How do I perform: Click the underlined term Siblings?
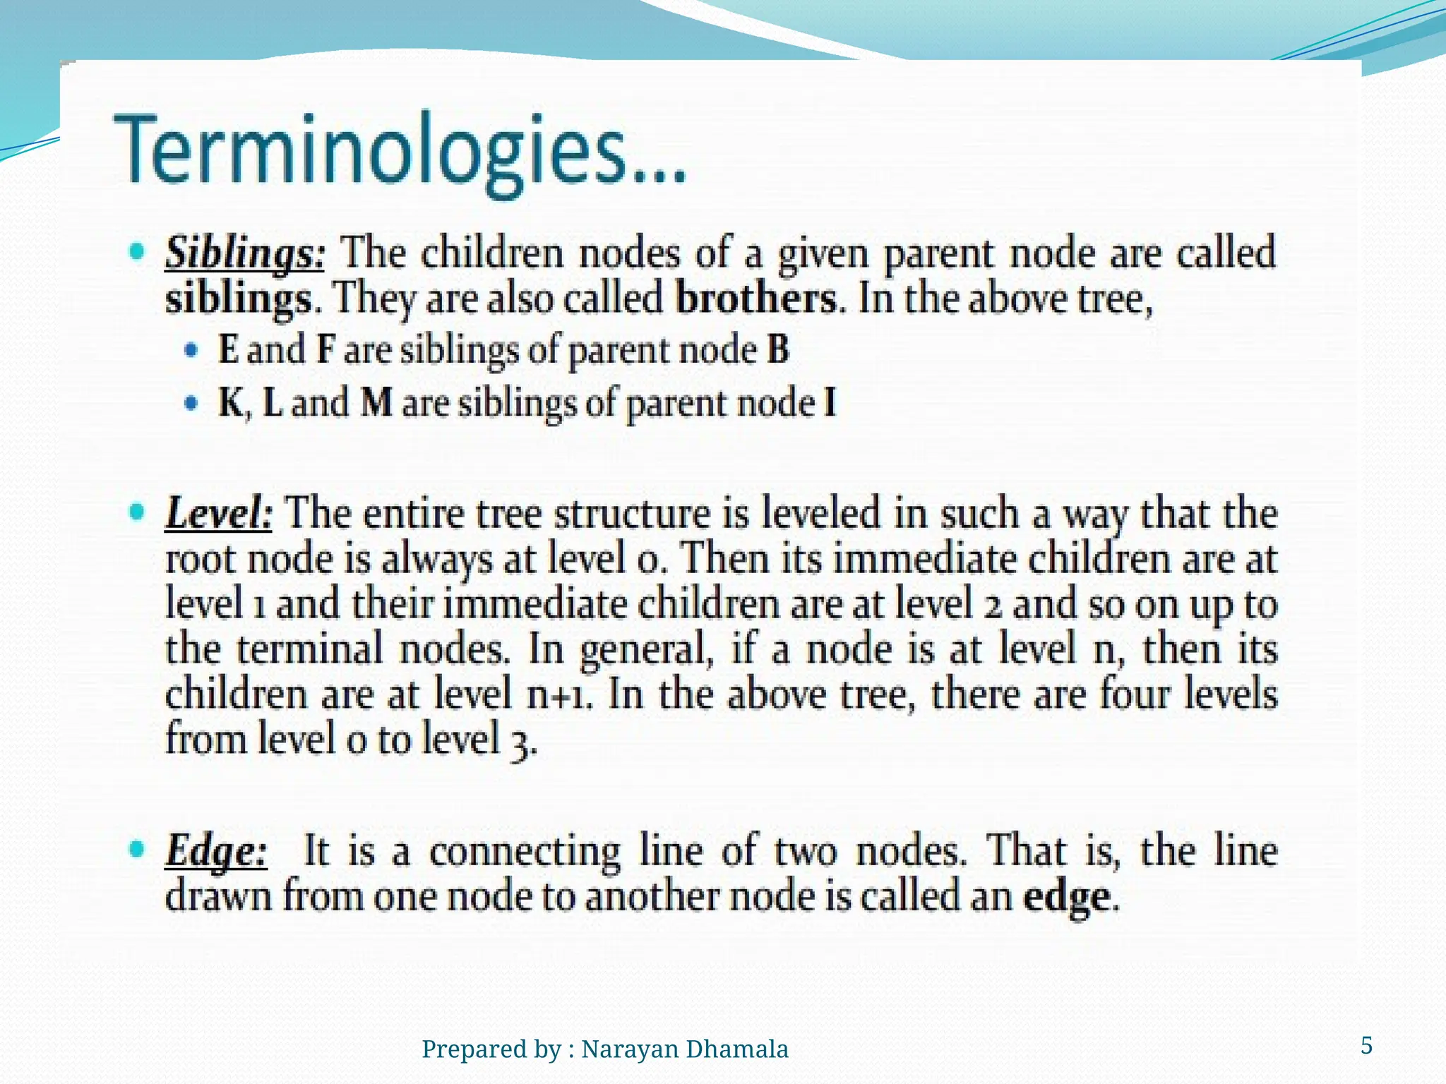[x=244, y=255]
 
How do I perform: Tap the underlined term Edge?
[x=216, y=852]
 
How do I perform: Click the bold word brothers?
[x=756, y=299]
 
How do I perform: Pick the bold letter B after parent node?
[x=777, y=349]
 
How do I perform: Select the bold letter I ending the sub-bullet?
[x=830, y=404]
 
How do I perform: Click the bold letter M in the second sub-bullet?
[x=376, y=404]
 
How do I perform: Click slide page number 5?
[x=1366, y=1045]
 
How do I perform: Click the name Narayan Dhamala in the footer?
[x=684, y=1049]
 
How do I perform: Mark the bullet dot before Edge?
[x=138, y=849]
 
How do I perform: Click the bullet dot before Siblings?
[x=138, y=251]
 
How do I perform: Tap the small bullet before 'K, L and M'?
[x=191, y=404]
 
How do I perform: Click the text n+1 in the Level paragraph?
[x=559, y=696]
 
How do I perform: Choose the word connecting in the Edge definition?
[x=525, y=852]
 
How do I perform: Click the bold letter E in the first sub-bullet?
[x=228, y=349]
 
